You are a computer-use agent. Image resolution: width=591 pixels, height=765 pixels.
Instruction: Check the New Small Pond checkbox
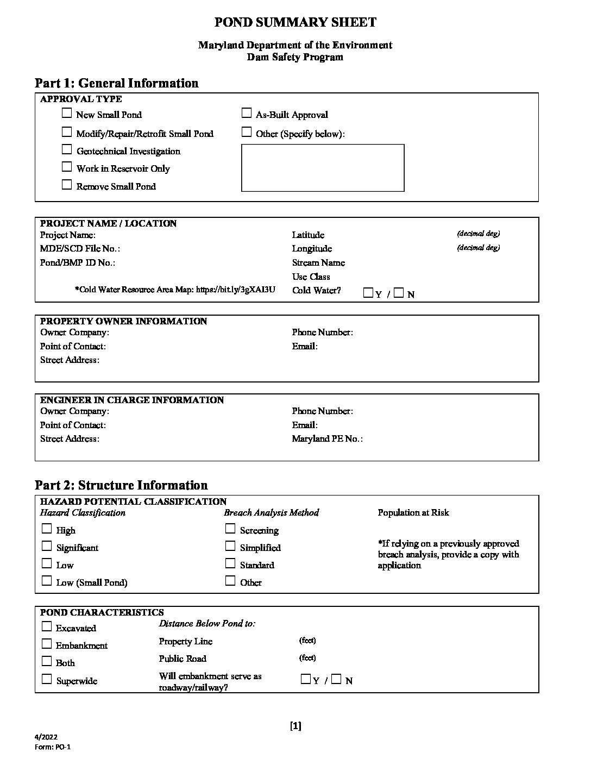coord(67,114)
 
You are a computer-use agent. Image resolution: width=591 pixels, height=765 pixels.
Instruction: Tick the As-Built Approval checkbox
coord(247,114)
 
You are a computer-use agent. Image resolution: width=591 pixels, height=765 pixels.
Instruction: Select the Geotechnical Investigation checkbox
coord(67,149)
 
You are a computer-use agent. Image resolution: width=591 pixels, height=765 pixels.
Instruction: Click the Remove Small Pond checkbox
coord(67,185)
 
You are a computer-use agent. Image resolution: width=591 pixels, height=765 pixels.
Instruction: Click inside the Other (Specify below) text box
coord(323,167)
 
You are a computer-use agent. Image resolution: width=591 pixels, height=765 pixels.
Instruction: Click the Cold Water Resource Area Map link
coord(235,290)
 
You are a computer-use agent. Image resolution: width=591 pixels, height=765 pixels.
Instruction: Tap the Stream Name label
coord(318,262)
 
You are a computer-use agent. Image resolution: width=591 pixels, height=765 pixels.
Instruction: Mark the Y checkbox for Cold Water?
coord(368,293)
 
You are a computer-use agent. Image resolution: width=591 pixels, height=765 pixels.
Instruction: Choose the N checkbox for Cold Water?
coord(399,293)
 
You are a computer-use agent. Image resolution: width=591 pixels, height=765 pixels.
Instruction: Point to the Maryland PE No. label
coord(327,438)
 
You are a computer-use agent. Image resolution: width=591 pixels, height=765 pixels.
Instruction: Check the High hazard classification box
coord(47,529)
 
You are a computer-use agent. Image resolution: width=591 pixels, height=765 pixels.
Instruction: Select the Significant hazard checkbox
coord(47,546)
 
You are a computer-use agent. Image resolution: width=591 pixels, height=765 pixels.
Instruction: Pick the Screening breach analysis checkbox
coord(230,529)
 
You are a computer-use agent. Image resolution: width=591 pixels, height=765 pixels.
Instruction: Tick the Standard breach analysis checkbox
coord(230,563)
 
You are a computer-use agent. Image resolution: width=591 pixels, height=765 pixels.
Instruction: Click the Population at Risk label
coord(413,512)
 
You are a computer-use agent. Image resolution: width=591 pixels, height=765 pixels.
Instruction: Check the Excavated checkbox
coord(47,626)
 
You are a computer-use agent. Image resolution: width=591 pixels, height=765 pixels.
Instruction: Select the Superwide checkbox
coord(47,679)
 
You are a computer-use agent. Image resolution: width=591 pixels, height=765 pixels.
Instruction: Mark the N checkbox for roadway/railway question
coord(337,679)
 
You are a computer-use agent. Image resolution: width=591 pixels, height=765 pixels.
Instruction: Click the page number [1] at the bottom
coord(295,726)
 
